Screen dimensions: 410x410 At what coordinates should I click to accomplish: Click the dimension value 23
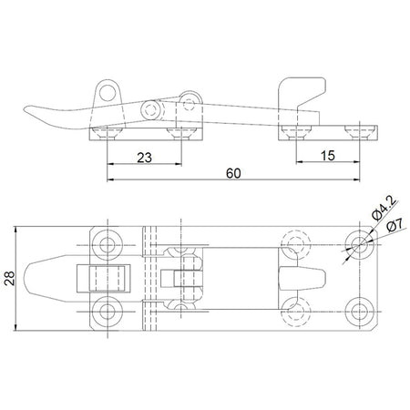(144, 158)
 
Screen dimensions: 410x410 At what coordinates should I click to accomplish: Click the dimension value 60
(233, 173)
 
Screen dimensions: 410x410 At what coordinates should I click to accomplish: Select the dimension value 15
(328, 156)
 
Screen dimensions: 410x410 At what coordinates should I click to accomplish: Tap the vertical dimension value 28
(10, 278)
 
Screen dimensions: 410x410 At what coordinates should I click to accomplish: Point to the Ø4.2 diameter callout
(384, 208)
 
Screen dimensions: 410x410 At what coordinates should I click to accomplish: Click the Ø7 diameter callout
(395, 225)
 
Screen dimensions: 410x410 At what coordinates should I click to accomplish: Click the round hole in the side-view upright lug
(108, 93)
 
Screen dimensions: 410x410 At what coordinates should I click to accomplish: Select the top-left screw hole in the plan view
(108, 245)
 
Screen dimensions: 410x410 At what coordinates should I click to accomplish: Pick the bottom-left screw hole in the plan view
(108, 312)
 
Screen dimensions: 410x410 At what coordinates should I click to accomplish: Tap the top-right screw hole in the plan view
(360, 245)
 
